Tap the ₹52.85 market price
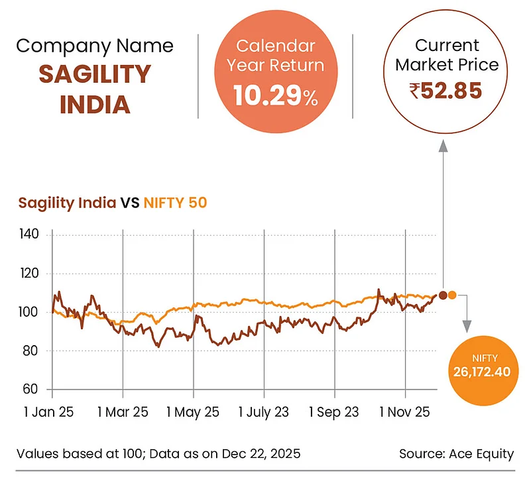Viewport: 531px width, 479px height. coord(445,90)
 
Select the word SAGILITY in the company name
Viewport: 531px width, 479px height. coord(95,74)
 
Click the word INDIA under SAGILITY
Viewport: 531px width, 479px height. coord(95,104)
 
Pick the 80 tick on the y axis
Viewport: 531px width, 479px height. coord(32,350)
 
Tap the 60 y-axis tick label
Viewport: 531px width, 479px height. coord(32,389)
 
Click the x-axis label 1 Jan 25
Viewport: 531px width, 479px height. coord(50,412)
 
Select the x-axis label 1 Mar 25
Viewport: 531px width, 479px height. coord(123,412)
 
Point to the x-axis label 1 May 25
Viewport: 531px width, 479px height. coord(193,412)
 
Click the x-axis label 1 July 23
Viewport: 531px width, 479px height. coord(264,412)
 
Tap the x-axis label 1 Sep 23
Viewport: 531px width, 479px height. coord(334,412)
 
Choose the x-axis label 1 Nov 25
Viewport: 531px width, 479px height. coord(405,412)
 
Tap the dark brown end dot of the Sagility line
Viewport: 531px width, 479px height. coord(443,295)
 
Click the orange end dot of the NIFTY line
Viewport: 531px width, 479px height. coord(452,295)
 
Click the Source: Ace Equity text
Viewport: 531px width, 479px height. coord(456,454)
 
